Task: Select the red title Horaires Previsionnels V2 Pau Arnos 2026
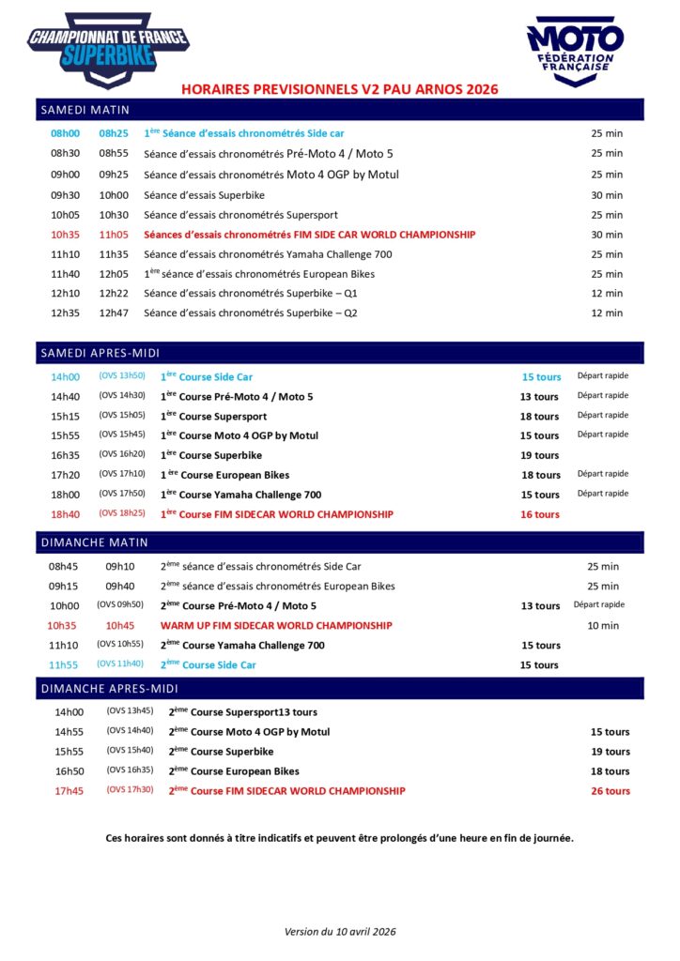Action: (x=339, y=89)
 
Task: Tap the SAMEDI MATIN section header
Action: (x=85, y=110)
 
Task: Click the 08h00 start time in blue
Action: (x=65, y=133)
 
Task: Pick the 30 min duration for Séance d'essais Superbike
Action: (x=607, y=194)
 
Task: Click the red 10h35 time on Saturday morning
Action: (x=65, y=235)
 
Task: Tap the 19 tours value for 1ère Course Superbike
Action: (x=540, y=455)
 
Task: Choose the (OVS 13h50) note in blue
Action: (x=122, y=375)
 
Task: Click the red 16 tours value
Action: (x=540, y=514)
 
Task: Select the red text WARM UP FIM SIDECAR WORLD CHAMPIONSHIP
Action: (x=276, y=625)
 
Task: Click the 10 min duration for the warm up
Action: (x=603, y=625)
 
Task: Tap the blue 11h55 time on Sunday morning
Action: (x=63, y=664)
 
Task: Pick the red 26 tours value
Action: (x=610, y=791)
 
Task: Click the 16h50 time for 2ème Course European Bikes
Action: (x=69, y=771)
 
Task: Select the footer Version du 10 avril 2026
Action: (x=340, y=931)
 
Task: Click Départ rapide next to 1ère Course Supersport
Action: (x=603, y=415)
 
